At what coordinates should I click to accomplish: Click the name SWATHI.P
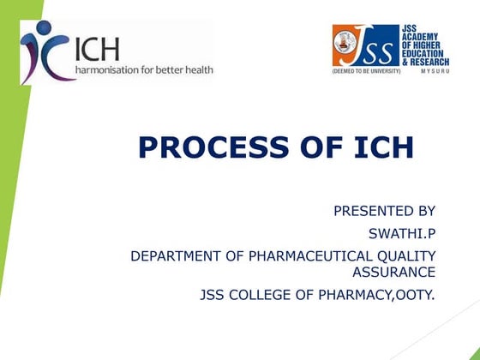point(401,231)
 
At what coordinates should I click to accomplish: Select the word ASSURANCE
point(393,272)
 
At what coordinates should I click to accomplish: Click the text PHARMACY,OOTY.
point(382,295)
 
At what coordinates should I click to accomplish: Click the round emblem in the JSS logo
point(348,45)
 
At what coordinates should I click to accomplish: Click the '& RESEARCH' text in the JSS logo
point(426,61)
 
